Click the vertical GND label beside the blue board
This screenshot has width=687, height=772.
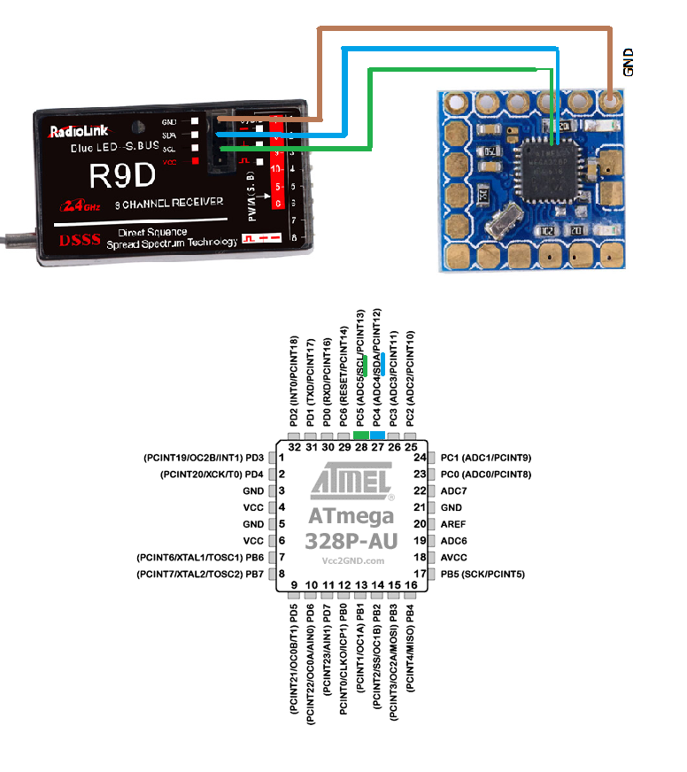click(629, 62)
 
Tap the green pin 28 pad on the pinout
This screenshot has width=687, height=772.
click(361, 436)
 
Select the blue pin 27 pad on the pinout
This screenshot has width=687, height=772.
click(378, 436)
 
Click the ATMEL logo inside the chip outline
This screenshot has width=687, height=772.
click(351, 485)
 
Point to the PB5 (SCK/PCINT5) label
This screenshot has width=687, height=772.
click(482, 575)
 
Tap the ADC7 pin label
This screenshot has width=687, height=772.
click(453, 490)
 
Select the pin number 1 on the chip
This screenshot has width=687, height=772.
click(281, 458)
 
